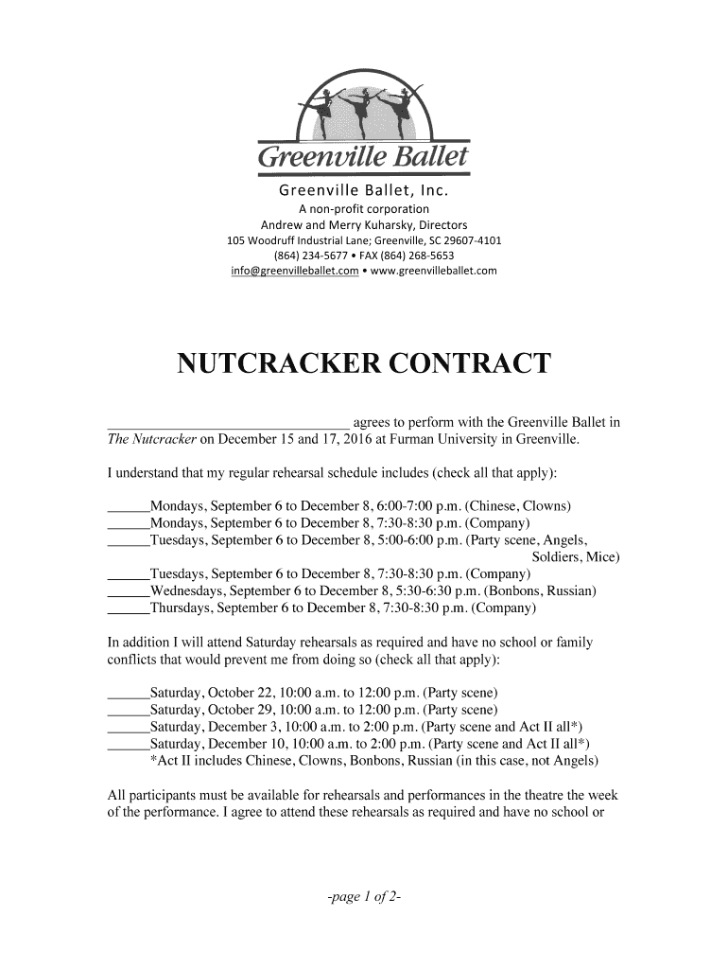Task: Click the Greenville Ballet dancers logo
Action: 364,112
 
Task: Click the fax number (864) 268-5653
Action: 416,256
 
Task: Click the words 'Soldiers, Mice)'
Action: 576,557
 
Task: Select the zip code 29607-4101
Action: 470,240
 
